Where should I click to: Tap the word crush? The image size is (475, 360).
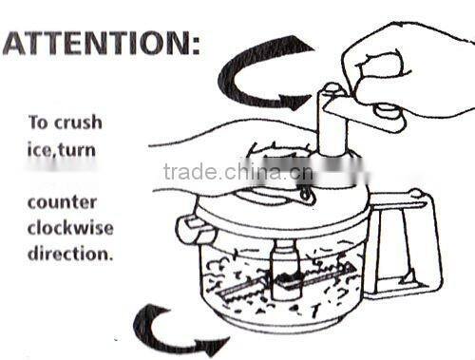[x=78, y=123]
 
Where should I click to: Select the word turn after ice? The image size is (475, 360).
[x=77, y=150]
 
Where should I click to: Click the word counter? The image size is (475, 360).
[x=62, y=202]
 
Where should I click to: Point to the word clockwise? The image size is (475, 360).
[x=70, y=228]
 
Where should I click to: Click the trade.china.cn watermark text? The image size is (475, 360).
[x=238, y=172]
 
